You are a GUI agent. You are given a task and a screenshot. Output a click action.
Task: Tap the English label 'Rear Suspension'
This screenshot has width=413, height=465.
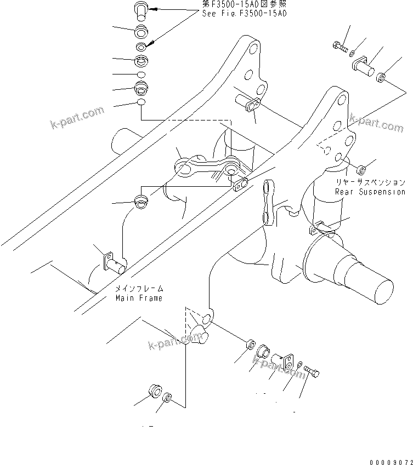click(x=370, y=192)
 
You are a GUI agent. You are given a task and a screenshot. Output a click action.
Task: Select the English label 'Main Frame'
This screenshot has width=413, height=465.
click(x=139, y=298)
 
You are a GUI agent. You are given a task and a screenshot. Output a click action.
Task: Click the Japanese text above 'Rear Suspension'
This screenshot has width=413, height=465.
click(x=371, y=182)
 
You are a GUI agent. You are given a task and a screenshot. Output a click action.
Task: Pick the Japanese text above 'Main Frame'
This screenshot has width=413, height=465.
click(x=139, y=289)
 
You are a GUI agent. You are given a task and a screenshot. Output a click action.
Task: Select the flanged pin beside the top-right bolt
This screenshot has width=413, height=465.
click(x=363, y=67)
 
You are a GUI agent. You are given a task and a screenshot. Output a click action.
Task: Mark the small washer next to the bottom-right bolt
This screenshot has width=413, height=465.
click(x=300, y=364)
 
